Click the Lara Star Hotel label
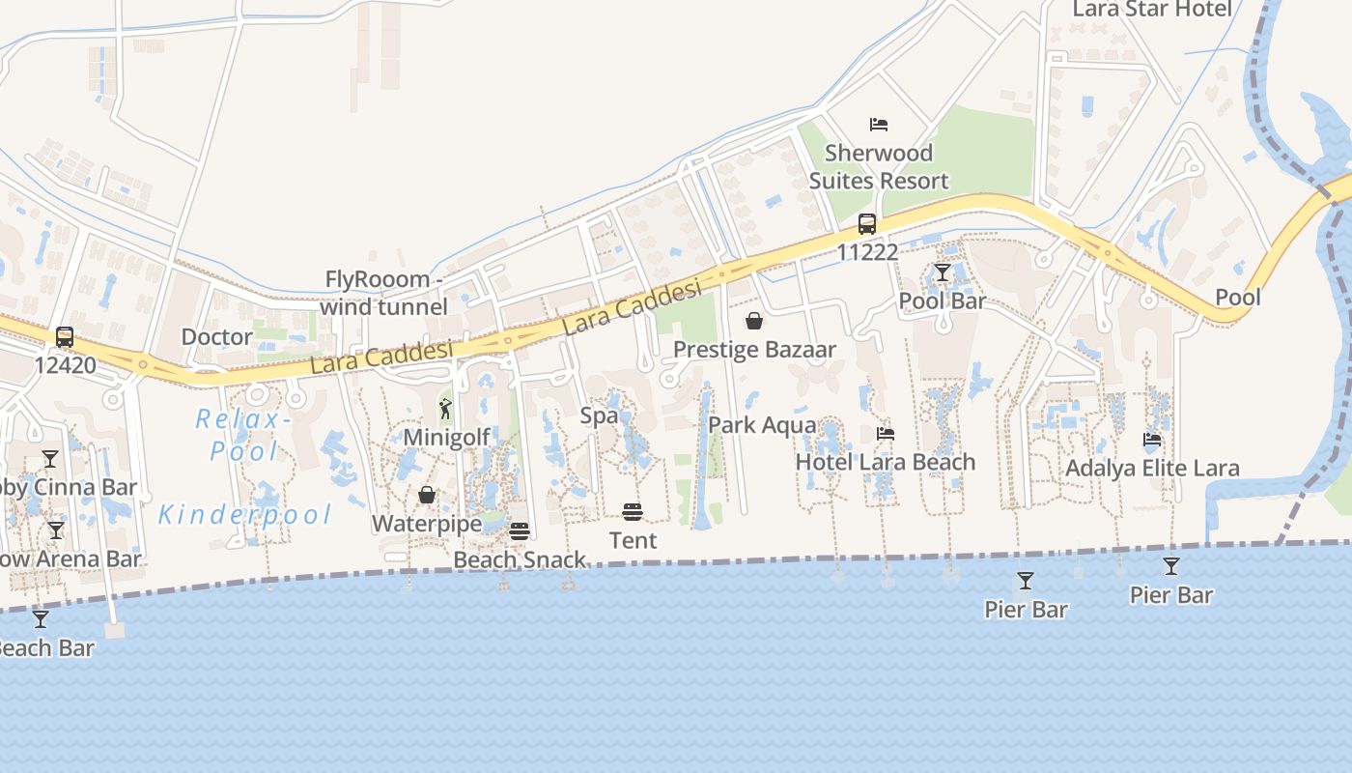point(1152,10)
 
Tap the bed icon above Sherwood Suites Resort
point(879,125)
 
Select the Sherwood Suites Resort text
point(879,166)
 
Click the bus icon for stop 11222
point(867,224)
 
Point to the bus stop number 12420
point(65,365)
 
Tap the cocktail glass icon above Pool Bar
point(943,273)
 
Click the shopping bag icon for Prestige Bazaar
point(754,321)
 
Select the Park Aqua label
point(762,425)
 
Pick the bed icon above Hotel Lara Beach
point(885,434)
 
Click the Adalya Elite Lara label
point(1152,469)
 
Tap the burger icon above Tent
point(633,512)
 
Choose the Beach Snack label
point(520,559)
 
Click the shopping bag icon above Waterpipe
point(426,496)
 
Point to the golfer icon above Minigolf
point(445,409)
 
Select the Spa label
point(599,415)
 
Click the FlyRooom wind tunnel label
point(384,293)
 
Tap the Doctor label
point(217,337)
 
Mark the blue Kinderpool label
point(244,514)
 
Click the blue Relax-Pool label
point(237,435)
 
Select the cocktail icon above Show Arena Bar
point(56,530)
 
